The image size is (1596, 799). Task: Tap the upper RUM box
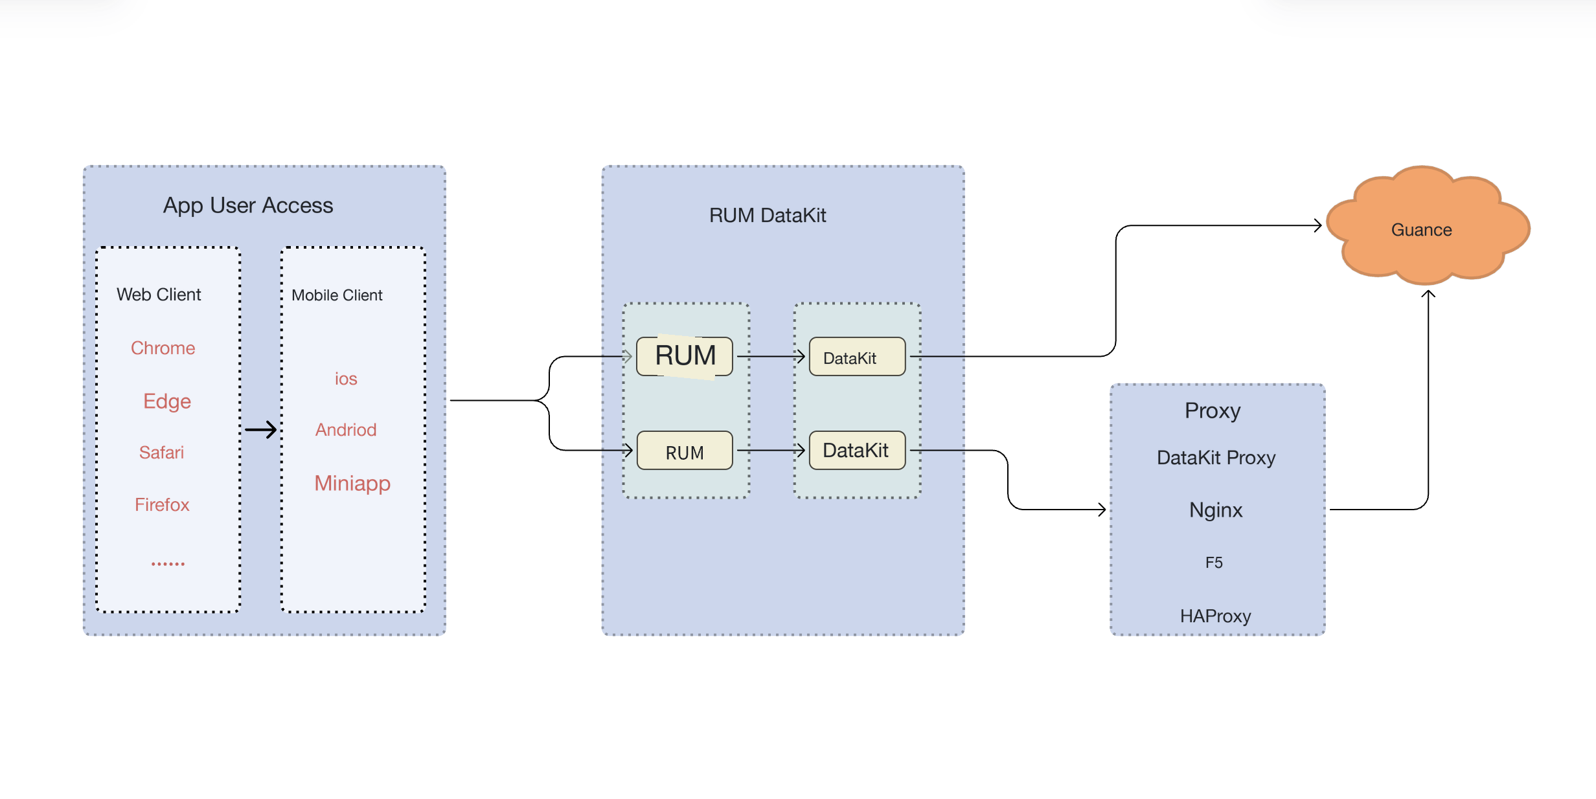pyautogui.click(x=685, y=356)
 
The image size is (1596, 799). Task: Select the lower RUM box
pyautogui.click(x=685, y=451)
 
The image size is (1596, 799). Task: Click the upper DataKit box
pyautogui.click(x=857, y=357)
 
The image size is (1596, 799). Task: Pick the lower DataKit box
pyautogui.click(x=857, y=451)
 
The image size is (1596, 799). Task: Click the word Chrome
pyautogui.click(x=163, y=348)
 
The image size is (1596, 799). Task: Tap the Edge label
pyautogui.click(x=167, y=401)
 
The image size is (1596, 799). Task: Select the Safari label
pyautogui.click(x=161, y=453)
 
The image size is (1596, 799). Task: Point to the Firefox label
pyautogui.click(x=162, y=505)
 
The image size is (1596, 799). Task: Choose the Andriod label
pyautogui.click(x=346, y=430)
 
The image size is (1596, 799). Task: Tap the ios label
pyautogui.click(x=346, y=379)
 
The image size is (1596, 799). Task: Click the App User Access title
pyautogui.click(x=248, y=206)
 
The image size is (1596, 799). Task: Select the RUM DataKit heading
pyautogui.click(x=768, y=216)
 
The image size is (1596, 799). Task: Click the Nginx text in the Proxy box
pyautogui.click(x=1216, y=511)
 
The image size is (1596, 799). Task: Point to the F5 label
pyautogui.click(x=1214, y=563)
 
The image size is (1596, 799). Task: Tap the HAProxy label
pyautogui.click(x=1215, y=616)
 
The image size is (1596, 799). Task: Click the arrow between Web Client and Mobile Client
pyautogui.click(x=261, y=429)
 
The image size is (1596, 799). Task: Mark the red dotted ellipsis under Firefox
pyautogui.click(x=168, y=564)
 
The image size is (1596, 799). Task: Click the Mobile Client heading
pyautogui.click(x=337, y=296)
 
